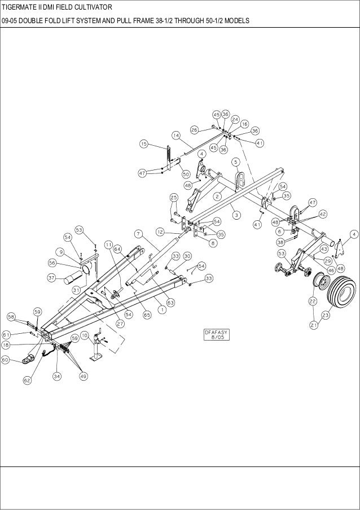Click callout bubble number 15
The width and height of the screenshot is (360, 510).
[x=144, y=145]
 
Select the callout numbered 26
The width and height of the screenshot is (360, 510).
[x=194, y=129]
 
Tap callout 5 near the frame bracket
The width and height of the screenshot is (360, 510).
[x=235, y=162]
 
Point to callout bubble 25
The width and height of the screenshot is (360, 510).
[x=174, y=197]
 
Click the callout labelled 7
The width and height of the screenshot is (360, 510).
[x=137, y=233]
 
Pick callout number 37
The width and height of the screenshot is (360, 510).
[x=51, y=278]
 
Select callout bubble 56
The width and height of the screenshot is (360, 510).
[x=51, y=263]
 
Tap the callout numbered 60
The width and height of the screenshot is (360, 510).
[x=6, y=359]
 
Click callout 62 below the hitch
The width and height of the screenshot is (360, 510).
[x=27, y=380]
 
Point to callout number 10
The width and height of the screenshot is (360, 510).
[x=85, y=335]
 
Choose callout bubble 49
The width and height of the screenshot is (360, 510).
[x=83, y=377]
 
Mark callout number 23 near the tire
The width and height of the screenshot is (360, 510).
[x=326, y=315]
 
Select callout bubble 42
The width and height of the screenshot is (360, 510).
[x=322, y=215]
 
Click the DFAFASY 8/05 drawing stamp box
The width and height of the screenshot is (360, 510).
[x=217, y=335]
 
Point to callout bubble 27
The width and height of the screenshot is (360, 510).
[x=120, y=324]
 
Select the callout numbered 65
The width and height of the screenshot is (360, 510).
[x=146, y=315]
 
